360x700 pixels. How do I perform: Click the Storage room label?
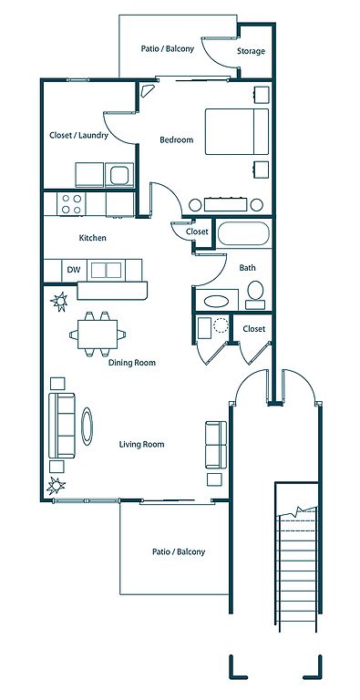(251, 51)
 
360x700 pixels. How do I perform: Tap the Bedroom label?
(177, 139)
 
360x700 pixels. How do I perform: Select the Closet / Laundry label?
(78, 135)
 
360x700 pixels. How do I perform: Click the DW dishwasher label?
(73, 270)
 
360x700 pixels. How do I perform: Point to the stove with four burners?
(71, 204)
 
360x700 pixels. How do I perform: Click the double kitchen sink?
(107, 270)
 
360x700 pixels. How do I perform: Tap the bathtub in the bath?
(243, 233)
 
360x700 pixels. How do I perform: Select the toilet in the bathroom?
(255, 295)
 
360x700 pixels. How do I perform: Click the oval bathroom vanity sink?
(216, 301)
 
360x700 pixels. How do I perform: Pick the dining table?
(98, 334)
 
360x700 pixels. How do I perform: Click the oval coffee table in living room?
(87, 427)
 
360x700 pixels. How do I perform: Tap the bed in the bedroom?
(237, 131)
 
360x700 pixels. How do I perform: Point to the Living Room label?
(141, 444)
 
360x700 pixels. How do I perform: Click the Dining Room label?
(132, 363)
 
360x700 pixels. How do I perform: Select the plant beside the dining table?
(59, 302)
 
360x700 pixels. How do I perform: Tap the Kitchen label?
(92, 238)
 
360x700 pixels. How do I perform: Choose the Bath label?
(248, 268)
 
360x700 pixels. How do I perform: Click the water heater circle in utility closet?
(221, 325)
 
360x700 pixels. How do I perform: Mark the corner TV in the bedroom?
(147, 90)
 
